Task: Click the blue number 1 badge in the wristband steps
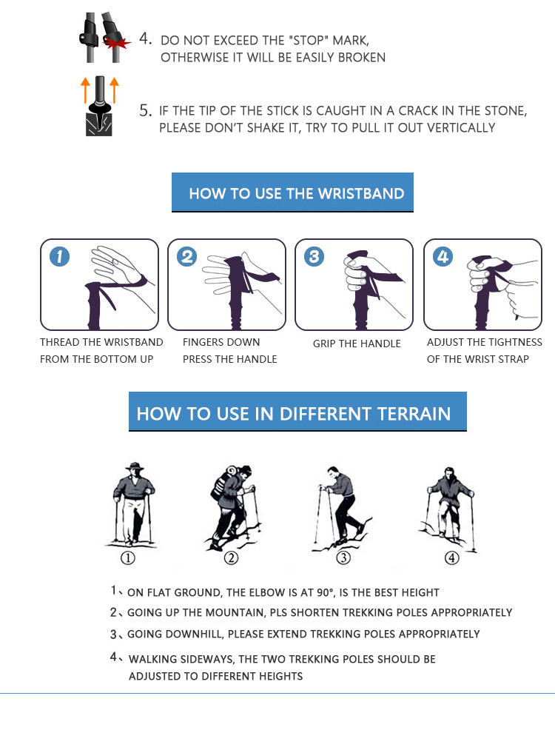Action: [59, 257]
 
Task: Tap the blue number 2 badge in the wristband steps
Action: [187, 257]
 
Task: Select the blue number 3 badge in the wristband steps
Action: [314, 257]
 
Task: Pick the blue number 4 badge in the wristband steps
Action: [443, 257]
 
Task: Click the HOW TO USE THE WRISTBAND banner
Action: [293, 193]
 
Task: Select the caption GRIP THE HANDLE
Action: [357, 344]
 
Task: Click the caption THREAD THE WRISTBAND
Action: [101, 342]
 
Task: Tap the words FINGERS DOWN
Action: [221, 342]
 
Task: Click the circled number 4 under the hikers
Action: [451, 557]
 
